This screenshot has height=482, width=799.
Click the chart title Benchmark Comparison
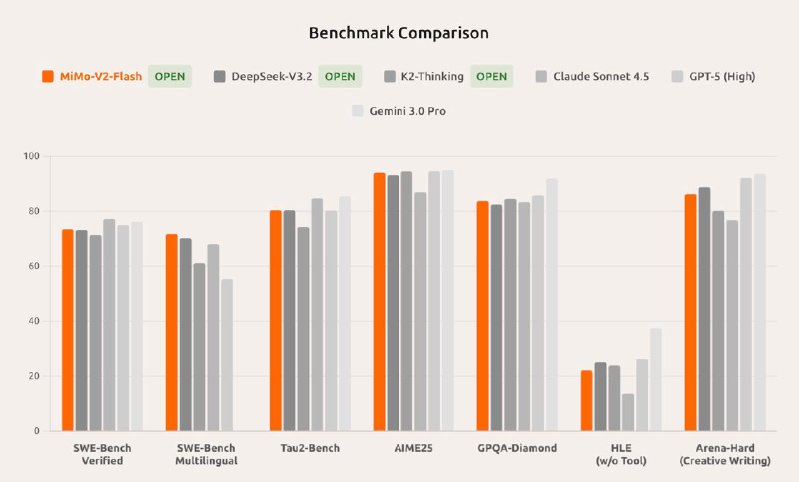399,33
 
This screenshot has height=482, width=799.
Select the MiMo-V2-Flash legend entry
92,76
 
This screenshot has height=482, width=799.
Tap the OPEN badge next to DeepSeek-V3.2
340,76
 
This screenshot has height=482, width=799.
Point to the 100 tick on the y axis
31,157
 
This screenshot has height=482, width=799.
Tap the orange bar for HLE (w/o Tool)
587,400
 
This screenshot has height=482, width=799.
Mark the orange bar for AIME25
380,301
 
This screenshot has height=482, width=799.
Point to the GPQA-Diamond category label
516,448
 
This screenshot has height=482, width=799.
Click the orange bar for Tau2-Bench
276,320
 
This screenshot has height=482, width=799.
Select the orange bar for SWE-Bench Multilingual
172,332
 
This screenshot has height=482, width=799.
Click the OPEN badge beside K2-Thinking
492,76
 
